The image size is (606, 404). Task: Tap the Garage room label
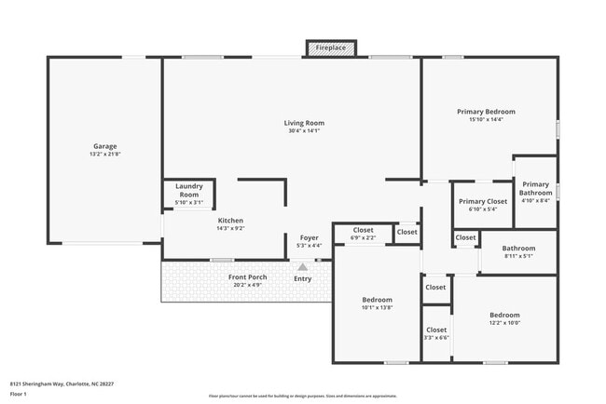coord(104,146)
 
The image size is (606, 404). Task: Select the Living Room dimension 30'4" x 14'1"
coord(304,131)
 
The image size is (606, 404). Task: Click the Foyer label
coord(309,237)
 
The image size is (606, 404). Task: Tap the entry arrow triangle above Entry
coord(302,266)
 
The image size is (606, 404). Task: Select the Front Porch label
coord(248,276)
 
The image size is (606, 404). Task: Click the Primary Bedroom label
coord(486,112)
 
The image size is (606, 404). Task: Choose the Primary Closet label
coord(482,201)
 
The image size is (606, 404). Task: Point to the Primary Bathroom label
coord(535,188)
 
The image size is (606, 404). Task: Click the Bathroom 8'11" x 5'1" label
coord(518,249)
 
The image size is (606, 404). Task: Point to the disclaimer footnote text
coord(302,396)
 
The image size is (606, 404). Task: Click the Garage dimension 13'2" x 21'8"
coord(104,155)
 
